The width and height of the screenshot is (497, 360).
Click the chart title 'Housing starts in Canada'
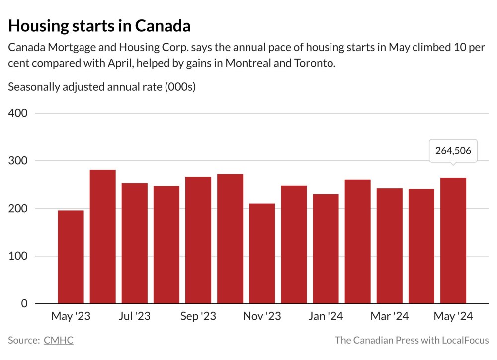pos(99,26)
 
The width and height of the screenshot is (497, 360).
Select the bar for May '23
pos(71,257)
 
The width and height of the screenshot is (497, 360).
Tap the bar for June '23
pos(102,236)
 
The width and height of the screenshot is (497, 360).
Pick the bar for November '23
pos(262,253)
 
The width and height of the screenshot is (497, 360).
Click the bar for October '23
pos(230,238)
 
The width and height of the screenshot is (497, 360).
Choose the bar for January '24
pos(326,248)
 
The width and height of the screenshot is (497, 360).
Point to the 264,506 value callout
pos(453,150)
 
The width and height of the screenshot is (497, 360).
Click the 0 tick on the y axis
pos(23,303)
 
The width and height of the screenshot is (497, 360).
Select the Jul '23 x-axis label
pos(134,317)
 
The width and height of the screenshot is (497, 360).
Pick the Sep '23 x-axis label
pos(198,317)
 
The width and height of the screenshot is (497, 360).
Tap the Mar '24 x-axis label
pos(390,317)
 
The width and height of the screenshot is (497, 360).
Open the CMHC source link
pos(58,340)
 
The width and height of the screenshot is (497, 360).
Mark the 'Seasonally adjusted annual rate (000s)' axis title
pos(102,87)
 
